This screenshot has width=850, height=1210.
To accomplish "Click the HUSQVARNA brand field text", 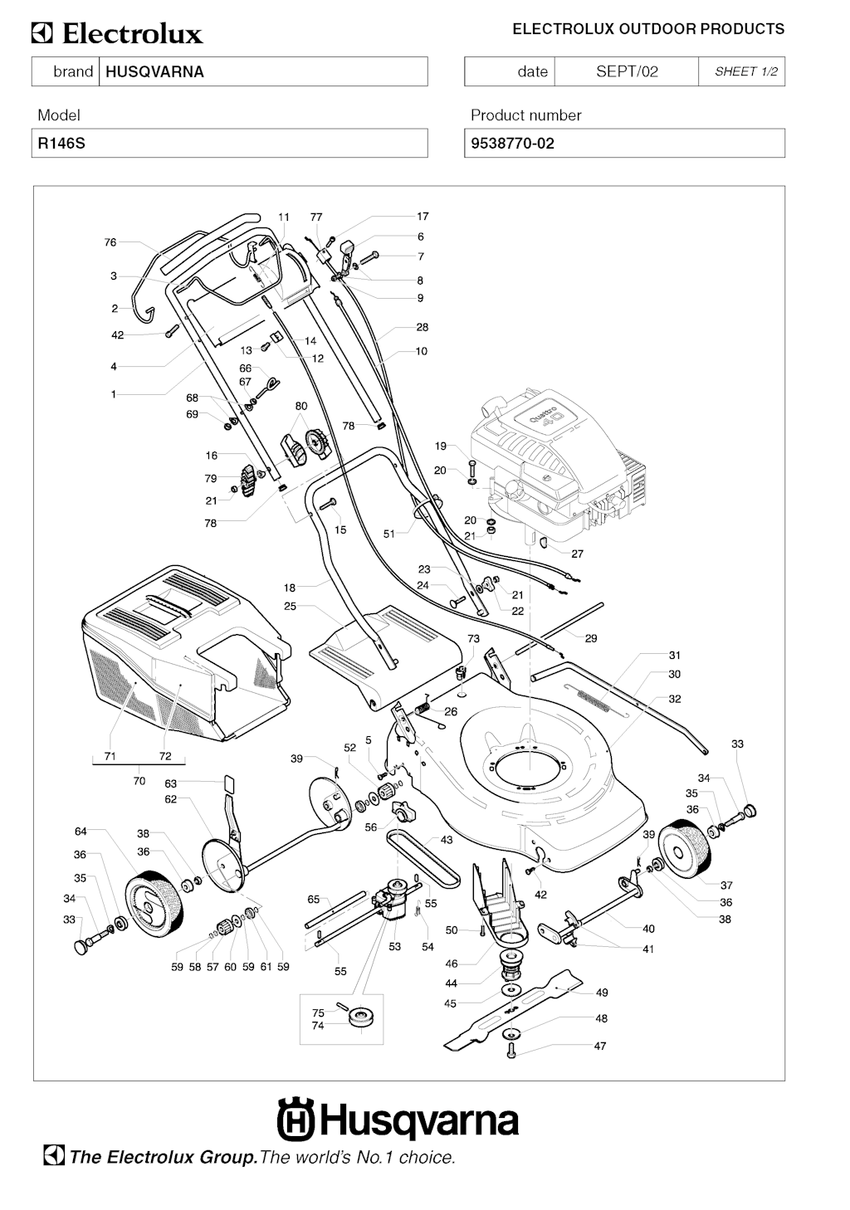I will click(x=154, y=71).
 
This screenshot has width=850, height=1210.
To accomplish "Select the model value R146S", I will click(x=60, y=144).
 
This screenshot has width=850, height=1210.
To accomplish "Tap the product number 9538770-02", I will click(x=512, y=144).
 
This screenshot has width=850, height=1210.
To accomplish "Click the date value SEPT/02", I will click(x=627, y=71).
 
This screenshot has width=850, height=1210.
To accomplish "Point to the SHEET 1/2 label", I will click(x=746, y=71).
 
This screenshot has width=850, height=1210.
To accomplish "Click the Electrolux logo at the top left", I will click(x=117, y=34).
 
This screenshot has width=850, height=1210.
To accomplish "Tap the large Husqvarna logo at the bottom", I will click(x=398, y=1120).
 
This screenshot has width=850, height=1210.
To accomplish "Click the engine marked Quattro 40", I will click(x=552, y=465).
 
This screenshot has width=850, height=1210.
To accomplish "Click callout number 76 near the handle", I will click(x=110, y=242).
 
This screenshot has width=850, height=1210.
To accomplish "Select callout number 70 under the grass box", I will click(x=139, y=781).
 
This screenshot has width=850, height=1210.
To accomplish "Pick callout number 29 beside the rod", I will click(x=591, y=638).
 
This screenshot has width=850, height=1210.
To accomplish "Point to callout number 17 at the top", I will click(x=423, y=217).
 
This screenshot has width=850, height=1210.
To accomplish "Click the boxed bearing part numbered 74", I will click(x=362, y=1017).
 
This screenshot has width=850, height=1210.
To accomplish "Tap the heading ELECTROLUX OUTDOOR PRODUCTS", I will click(x=647, y=29).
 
